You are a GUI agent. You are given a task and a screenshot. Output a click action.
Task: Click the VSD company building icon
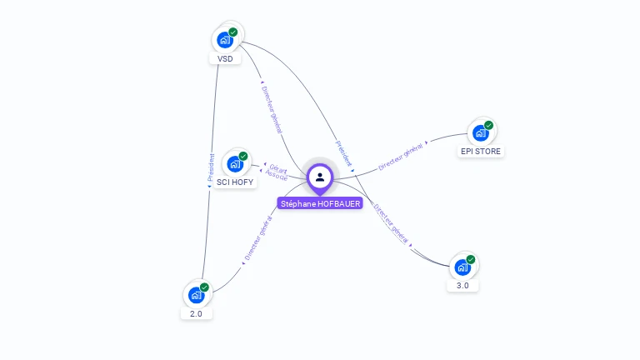click(x=225, y=39)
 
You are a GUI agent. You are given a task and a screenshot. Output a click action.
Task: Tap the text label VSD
click(x=225, y=59)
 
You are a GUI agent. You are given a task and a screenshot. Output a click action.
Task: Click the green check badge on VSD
click(x=233, y=32)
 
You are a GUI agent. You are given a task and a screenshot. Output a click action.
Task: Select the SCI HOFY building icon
click(x=235, y=163)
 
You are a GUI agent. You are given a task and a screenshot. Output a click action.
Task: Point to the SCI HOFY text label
click(x=235, y=182)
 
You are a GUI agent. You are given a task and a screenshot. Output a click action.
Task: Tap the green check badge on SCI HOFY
click(x=243, y=156)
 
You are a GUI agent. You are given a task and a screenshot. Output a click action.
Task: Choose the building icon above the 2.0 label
click(x=197, y=294)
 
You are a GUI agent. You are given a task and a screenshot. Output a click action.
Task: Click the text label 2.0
click(x=197, y=314)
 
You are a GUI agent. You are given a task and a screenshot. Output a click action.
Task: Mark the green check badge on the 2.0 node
click(x=205, y=287)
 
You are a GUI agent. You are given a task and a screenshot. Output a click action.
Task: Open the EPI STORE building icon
click(x=481, y=132)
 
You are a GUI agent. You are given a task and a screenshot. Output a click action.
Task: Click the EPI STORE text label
click(x=481, y=152)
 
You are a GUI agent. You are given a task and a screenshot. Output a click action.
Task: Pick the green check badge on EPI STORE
click(x=489, y=125)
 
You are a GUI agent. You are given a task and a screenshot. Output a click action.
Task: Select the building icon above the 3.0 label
click(x=462, y=267)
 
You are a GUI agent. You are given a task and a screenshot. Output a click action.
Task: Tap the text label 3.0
click(x=462, y=286)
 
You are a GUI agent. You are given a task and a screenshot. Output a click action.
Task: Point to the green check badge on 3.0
click(x=471, y=259)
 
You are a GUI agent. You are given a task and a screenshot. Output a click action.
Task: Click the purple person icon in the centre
click(x=320, y=177)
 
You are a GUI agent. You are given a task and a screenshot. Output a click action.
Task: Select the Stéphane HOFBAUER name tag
click(x=320, y=203)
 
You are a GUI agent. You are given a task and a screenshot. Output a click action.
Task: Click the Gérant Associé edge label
click(x=277, y=172)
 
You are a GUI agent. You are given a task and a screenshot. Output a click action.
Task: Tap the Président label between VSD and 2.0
click(x=211, y=167)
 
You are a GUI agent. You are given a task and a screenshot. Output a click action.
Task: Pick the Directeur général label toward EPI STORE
click(x=400, y=157)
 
